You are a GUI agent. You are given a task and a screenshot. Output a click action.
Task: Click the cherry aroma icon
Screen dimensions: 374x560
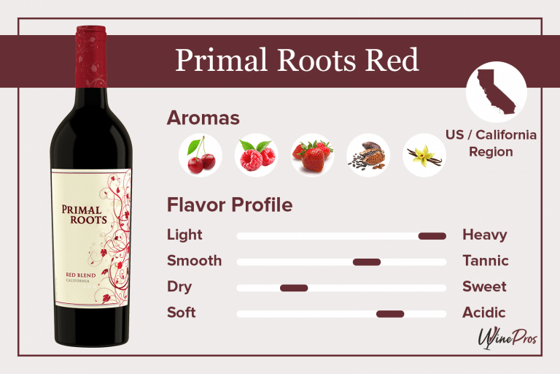click(x=201, y=155)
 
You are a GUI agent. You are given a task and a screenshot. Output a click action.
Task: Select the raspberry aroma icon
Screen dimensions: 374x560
click(x=256, y=155)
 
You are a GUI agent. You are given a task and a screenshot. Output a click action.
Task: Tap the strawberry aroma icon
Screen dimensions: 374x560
click(x=312, y=155)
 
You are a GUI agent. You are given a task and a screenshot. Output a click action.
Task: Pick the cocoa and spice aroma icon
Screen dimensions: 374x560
click(x=368, y=155)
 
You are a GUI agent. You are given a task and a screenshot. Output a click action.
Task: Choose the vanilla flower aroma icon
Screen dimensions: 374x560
click(x=424, y=155)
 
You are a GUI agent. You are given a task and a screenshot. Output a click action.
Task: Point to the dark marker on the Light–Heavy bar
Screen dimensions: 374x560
click(x=432, y=235)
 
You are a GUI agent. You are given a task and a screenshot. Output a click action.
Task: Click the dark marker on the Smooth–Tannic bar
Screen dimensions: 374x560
click(x=367, y=262)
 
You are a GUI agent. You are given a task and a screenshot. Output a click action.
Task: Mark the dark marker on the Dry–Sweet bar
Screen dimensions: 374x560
click(x=294, y=288)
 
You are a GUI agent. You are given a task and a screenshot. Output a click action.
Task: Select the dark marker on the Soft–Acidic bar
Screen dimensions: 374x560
click(x=390, y=314)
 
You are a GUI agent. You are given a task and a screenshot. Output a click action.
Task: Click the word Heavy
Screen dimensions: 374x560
click(x=484, y=235)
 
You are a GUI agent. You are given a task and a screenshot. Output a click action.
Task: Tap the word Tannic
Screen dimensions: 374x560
click(x=485, y=261)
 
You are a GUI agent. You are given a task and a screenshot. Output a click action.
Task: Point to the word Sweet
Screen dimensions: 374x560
click(x=484, y=287)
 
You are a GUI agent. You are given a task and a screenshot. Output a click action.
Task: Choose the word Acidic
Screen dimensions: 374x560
click(x=483, y=313)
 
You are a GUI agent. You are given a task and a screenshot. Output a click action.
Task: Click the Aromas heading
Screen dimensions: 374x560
click(x=203, y=118)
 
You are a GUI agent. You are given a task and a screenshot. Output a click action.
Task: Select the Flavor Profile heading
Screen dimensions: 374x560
click(x=230, y=205)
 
